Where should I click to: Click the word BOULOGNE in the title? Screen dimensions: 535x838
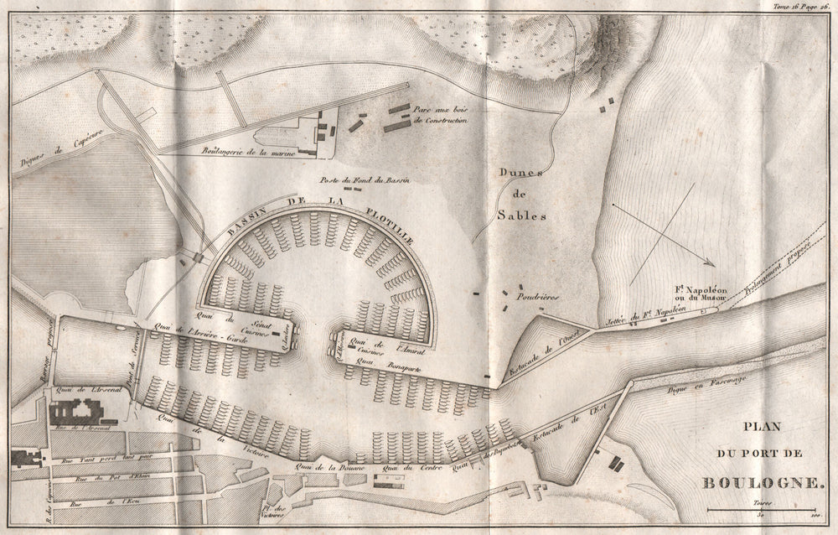pyautogui.click(x=765, y=482)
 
